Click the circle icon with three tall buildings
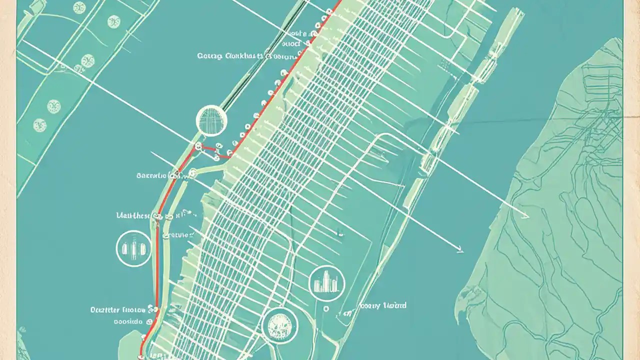pos(133,248)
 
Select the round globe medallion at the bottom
pos(279,326)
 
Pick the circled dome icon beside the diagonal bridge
pos(211,120)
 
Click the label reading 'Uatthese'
pos(133,215)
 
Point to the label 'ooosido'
pos(128,321)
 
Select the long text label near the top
pos(230,56)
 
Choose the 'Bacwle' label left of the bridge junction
pos(151,176)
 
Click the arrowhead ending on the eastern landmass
pos(526,216)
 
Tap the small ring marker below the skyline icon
pos(326,309)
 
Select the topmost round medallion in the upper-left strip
pos(79,7)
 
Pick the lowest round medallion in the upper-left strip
pos(40,125)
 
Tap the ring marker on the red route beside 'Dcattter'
pos(156,309)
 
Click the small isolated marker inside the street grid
pos(340,233)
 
